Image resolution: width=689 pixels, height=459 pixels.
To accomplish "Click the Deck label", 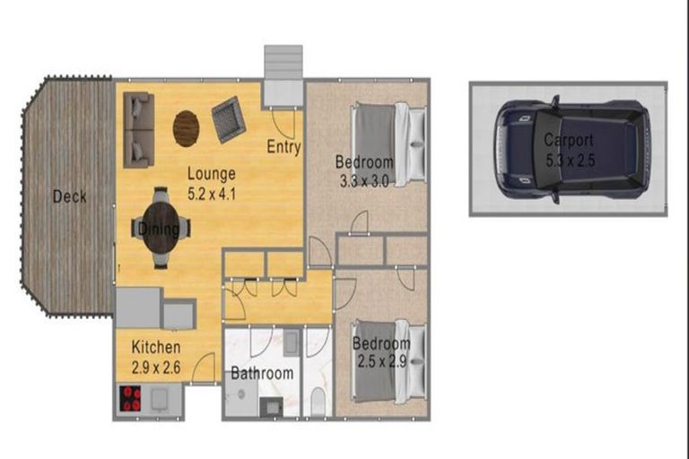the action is coord(69,196).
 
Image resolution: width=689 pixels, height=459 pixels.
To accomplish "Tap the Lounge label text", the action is coord(212,174).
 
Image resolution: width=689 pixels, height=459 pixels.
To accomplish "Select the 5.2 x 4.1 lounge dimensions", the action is coord(212,194).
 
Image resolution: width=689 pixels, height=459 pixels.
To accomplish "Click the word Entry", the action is coord(283,147).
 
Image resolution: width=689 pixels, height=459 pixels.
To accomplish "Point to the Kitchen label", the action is coord(156,348).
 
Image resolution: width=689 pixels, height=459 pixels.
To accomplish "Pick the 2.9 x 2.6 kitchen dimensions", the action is coord(156,368).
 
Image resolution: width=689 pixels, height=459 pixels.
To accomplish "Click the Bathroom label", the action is coord(262,373).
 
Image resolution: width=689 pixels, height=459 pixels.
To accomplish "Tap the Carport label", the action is coord(569,141).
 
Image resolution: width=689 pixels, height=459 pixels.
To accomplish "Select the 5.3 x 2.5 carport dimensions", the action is coord(570,160).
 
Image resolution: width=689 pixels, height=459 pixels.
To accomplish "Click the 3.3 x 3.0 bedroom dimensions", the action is coord(364,181).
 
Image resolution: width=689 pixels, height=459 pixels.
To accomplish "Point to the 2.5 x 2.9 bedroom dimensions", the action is coord(381,362).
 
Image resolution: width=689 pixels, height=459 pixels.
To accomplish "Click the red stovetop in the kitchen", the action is coord(130,398).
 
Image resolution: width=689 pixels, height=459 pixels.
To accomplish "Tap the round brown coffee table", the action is coord(186,128).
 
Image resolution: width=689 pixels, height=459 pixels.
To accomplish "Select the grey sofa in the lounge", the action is coord(139,130).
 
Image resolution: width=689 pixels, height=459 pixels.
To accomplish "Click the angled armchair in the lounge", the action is coord(229,119).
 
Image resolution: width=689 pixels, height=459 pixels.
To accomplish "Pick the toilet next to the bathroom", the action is coord(318,401).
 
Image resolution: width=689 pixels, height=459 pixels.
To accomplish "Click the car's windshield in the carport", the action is coord(546,149).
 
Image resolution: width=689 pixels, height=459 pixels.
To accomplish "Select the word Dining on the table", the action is coord(159,229).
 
